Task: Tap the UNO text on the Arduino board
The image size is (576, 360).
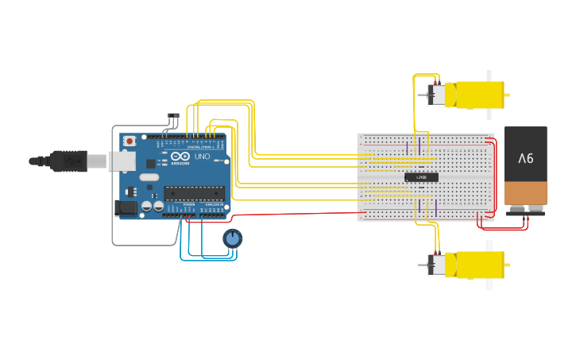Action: click(202, 156)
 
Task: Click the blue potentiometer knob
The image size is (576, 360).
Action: click(232, 238)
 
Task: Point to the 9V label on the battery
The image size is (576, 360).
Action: click(526, 159)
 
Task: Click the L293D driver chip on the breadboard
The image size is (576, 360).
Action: click(421, 176)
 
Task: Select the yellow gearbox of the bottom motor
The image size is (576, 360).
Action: click(477, 265)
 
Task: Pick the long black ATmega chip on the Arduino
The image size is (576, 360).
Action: click(194, 193)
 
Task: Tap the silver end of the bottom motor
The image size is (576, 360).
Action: click(435, 265)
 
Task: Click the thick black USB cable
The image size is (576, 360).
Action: click(40, 161)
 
